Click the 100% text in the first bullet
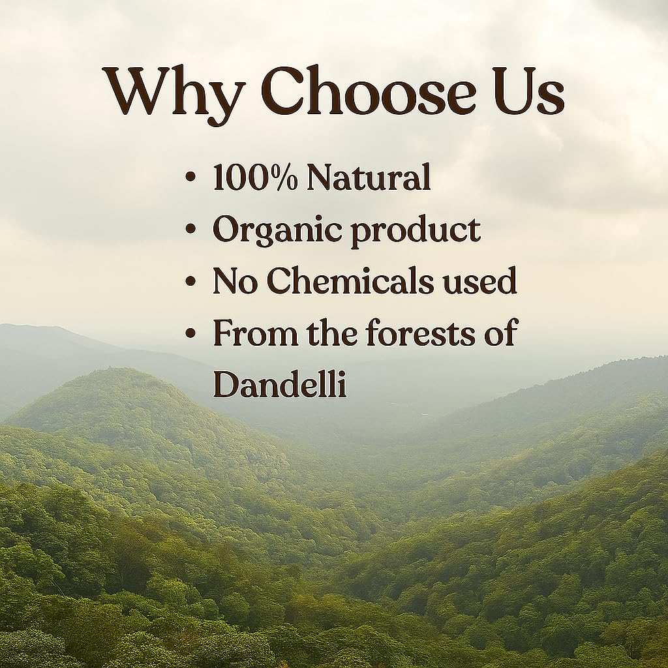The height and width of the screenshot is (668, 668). tap(255, 177)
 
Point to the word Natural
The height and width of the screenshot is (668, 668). tap(369, 177)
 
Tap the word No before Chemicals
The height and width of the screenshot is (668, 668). tap(235, 281)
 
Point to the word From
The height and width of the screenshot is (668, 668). tap(255, 332)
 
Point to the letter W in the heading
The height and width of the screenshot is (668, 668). tap(138, 91)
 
